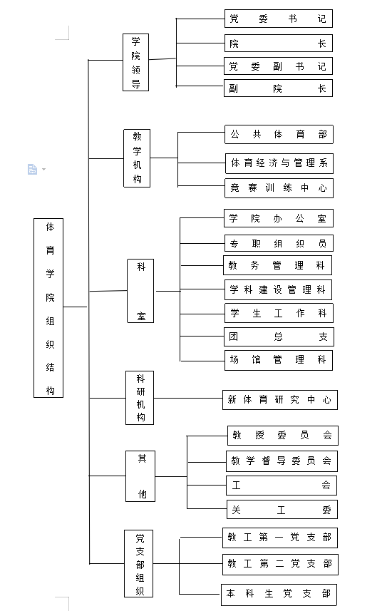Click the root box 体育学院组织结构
tap(48, 308)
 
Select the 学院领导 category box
tap(135, 62)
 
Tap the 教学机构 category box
tap(137, 158)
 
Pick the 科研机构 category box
tap(140, 398)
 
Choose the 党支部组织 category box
tap(138, 563)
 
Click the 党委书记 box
tap(278, 19)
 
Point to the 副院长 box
tap(278, 88)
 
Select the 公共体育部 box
tap(279, 135)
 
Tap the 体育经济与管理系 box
tap(279, 163)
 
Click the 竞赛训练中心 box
tap(279, 188)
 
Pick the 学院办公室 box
tap(278, 218)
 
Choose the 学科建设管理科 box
tap(278, 290)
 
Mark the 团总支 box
tap(279, 337)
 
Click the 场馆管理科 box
tap(278, 360)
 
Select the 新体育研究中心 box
tap(280, 400)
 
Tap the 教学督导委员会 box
tap(282, 461)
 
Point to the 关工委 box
tap(282, 510)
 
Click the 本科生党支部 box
tap(279, 595)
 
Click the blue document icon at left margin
tap(33, 169)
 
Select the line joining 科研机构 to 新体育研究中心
tap(188, 399)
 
